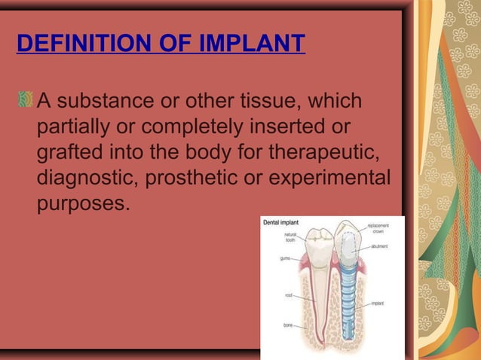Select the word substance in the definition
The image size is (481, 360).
tap(102, 100)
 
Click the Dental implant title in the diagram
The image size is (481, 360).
tap(280, 223)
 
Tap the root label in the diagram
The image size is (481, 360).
tap(288, 295)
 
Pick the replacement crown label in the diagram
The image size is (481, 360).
tap(378, 228)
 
